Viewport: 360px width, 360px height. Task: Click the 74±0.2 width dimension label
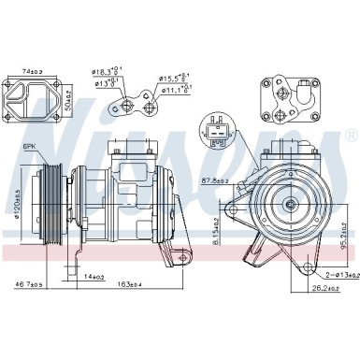click(34, 72)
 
